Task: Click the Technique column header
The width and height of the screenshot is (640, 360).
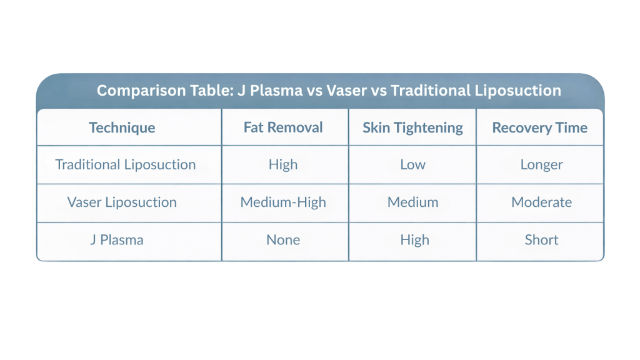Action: pyautogui.click(x=122, y=127)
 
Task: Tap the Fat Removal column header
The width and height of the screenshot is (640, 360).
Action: pyautogui.click(x=283, y=127)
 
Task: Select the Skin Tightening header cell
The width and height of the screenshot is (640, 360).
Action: pyautogui.click(x=412, y=127)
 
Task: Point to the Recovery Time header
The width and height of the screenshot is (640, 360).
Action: pyautogui.click(x=539, y=127)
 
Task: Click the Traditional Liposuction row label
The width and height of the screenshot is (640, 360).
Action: pyautogui.click(x=126, y=164)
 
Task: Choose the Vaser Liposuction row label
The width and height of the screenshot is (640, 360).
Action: pyautogui.click(x=122, y=202)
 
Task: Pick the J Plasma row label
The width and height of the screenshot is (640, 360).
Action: pyautogui.click(x=117, y=239)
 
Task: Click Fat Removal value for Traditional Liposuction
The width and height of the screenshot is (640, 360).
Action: pyautogui.click(x=283, y=164)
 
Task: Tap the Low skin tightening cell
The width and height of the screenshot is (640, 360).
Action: pyautogui.click(x=412, y=164)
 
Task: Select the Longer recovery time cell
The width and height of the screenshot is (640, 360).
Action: pyautogui.click(x=542, y=165)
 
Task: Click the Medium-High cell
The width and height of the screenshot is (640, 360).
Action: pyautogui.click(x=283, y=202)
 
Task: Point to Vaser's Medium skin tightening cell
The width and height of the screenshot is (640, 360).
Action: pyautogui.click(x=412, y=202)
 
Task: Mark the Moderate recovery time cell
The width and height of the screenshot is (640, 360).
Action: pyautogui.click(x=542, y=202)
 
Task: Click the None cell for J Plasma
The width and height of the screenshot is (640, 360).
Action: pyautogui.click(x=283, y=239)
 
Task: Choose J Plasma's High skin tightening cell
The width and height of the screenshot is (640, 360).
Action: pyautogui.click(x=415, y=240)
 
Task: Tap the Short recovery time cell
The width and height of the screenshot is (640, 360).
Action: pyautogui.click(x=542, y=239)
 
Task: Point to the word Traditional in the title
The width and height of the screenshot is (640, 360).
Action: pyautogui.click(x=431, y=91)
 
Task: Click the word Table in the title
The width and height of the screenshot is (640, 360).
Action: pyautogui.click(x=209, y=91)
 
